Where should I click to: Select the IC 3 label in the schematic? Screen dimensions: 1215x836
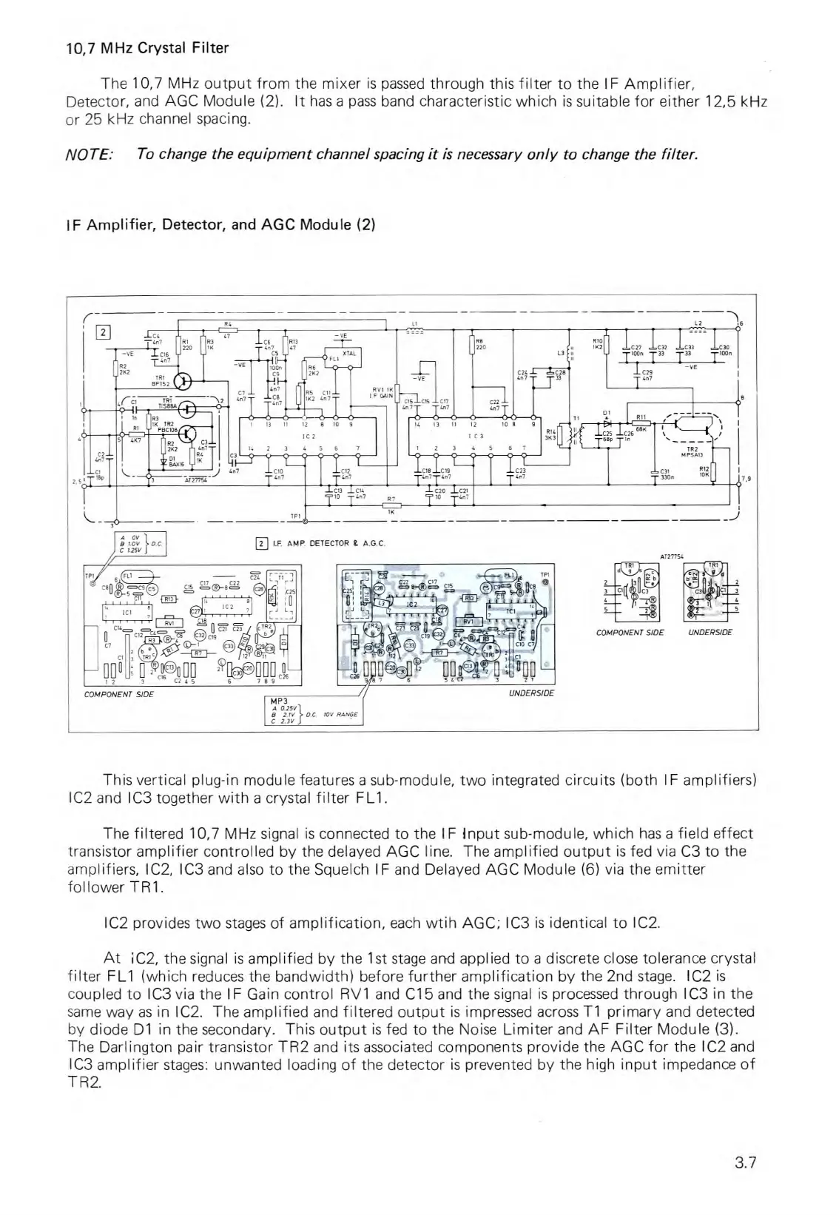tap(475, 437)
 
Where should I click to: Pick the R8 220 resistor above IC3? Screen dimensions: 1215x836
tap(472, 346)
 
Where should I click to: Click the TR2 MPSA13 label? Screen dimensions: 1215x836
tap(693, 452)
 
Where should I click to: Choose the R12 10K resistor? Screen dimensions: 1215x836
tap(713, 471)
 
